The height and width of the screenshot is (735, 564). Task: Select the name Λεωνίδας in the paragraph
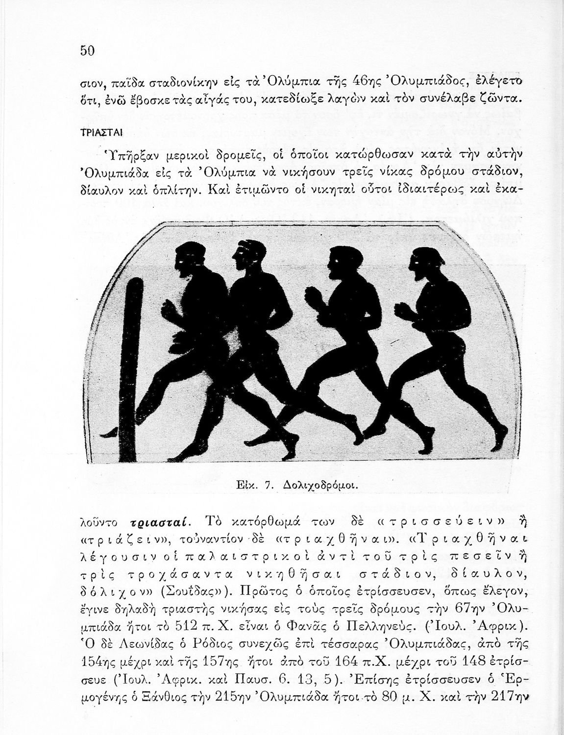(141, 643)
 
